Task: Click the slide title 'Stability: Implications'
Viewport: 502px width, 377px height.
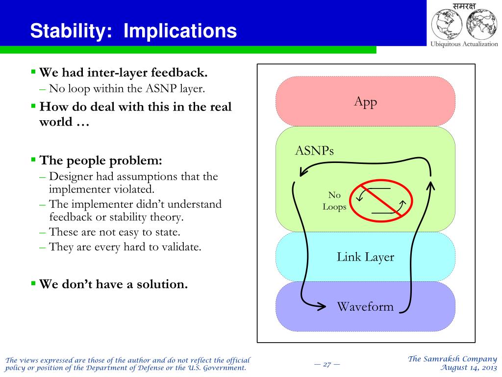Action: (133, 31)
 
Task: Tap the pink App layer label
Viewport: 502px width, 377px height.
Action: (366, 102)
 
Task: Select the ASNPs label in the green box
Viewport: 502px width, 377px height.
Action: (314, 150)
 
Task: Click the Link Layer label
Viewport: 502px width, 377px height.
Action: (365, 257)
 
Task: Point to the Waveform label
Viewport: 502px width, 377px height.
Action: (365, 307)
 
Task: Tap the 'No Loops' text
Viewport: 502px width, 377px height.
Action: (334, 201)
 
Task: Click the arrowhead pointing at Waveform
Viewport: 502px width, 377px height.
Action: (321, 306)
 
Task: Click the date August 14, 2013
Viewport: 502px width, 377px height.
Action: (469, 368)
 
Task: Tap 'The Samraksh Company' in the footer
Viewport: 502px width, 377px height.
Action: (452, 359)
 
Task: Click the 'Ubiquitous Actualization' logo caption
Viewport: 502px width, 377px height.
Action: (464, 44)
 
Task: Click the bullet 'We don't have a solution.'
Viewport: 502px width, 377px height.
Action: (113, 284)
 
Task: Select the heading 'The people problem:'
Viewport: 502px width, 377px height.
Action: (100, 160)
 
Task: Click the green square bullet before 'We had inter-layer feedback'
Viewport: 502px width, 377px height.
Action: (33, 72)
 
